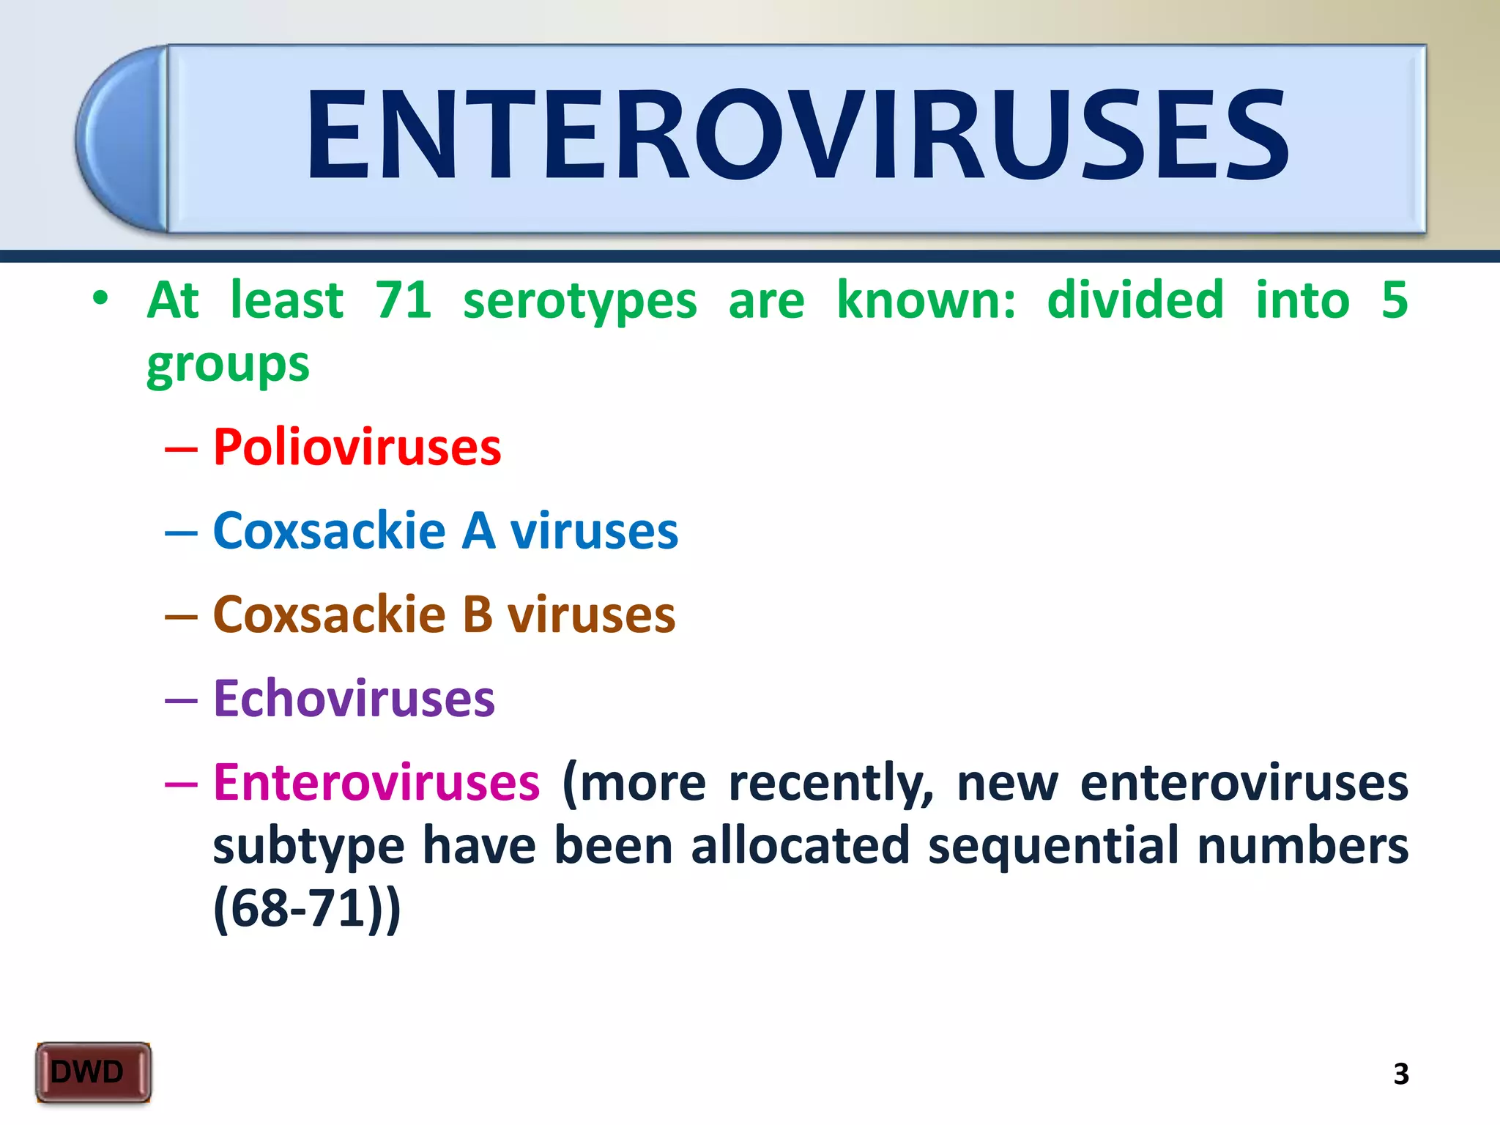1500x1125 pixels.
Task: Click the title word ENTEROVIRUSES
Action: point(797,135)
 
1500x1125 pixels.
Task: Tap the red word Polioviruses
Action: point(357,448)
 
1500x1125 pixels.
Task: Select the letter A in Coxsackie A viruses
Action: point(478,531)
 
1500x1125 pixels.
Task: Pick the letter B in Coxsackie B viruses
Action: point(477,615)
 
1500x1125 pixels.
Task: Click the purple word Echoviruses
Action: point(354,699)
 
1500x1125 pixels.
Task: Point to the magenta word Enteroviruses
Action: point(376,783)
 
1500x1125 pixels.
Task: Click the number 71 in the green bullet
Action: point(403,300)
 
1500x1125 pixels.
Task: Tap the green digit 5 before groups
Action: point(1394,300)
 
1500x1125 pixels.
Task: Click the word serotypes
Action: point(579,302)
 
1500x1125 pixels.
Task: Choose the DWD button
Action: point(93,1072)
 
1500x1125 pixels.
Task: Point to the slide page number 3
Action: point(1400,1074)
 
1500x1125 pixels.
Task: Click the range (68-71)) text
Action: point(307,909)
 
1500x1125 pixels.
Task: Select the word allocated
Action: point(800,846)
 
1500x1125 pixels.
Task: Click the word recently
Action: point(831,784)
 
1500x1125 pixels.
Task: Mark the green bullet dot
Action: point(100,299)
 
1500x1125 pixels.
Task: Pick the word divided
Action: point(1135,300)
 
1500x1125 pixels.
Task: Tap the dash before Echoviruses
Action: point(181,700)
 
